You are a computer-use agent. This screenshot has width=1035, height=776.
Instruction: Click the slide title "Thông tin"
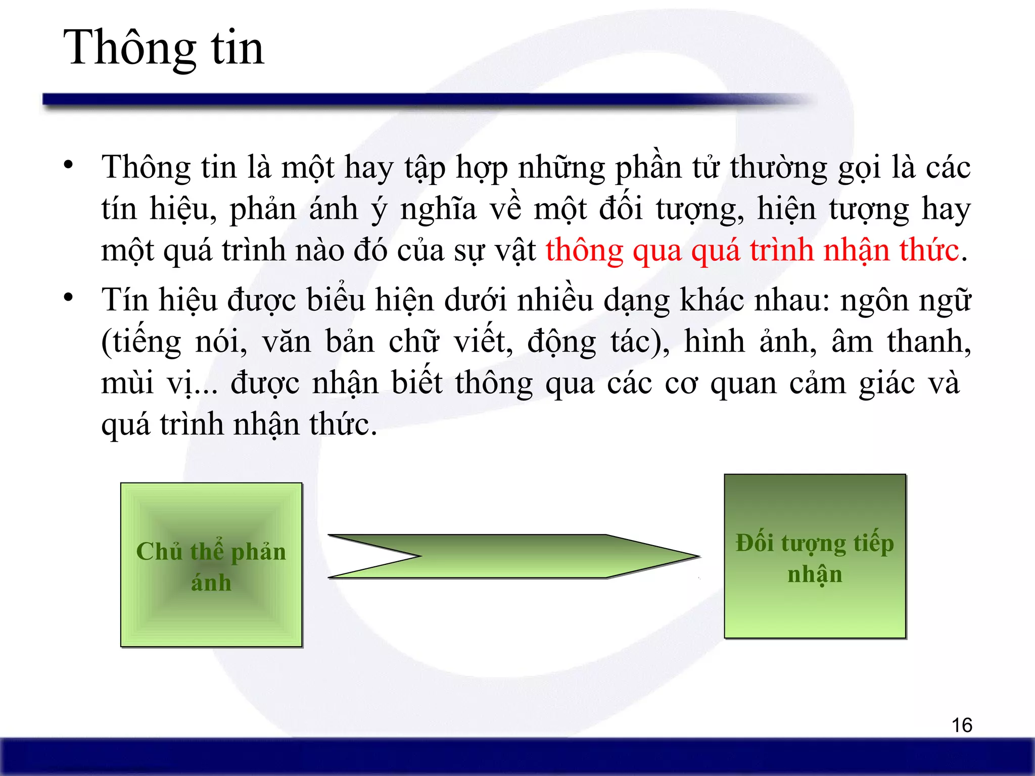(163, 48)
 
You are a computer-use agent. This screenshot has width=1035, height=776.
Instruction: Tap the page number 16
(962, 725)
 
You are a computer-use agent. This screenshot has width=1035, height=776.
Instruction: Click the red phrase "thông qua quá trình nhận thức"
(752, 251)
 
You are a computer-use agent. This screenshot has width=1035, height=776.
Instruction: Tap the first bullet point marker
(69, 165)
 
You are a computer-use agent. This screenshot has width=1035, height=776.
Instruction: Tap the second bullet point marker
(69, 297)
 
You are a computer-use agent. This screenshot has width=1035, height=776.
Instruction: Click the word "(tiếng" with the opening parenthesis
(141, 343)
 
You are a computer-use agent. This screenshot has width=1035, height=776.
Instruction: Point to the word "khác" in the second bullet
(712, 301)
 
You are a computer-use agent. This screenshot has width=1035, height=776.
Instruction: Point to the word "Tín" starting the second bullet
(124, 301)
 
